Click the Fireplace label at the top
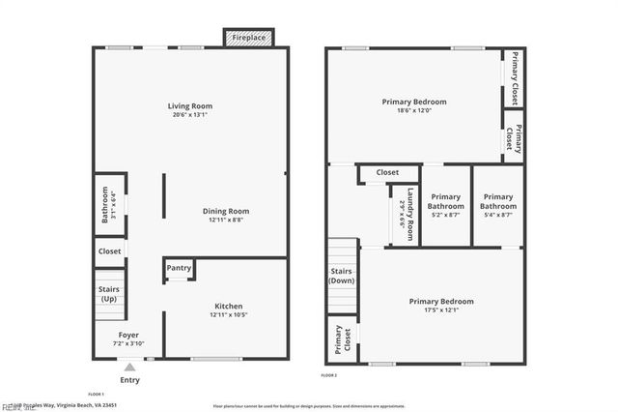[249, 38]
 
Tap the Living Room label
[190, 106]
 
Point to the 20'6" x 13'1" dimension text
[190, 115]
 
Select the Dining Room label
[226, 211]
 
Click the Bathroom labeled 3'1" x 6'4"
[106, 205]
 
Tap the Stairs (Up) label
[108, 293]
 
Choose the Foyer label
[128, 335]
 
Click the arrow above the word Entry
[129, 367]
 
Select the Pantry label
[179, 269]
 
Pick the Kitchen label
[228, 307]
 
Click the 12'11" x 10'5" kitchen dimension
[228, 315]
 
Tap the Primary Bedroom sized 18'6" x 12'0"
[414, 102]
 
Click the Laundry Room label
[409, 213]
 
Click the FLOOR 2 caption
[329, 375]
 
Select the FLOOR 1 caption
[96, 395]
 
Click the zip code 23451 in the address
[106, 405]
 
